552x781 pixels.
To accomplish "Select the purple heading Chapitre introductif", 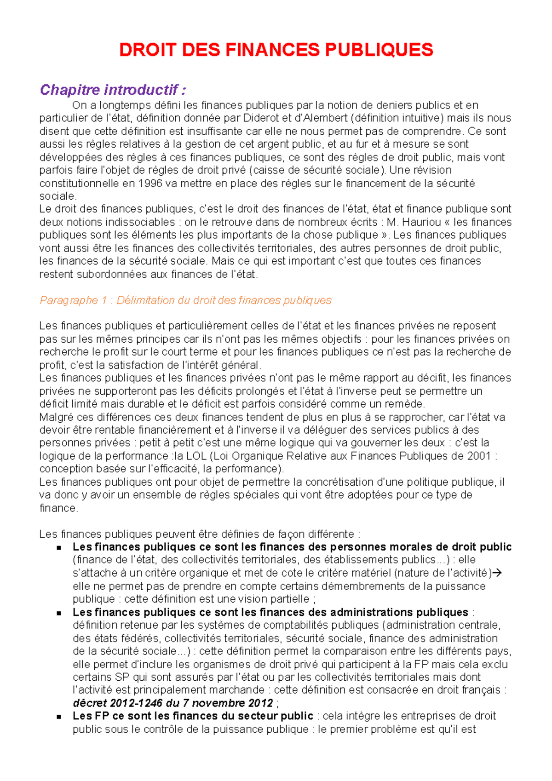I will point(113,90).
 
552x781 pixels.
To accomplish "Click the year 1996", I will point(150,183).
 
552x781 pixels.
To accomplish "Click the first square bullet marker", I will point(58,548).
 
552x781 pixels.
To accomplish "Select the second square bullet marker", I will point(58,613).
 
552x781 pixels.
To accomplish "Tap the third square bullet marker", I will point(58,717).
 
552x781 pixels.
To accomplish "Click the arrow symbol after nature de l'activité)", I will point(497,573).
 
